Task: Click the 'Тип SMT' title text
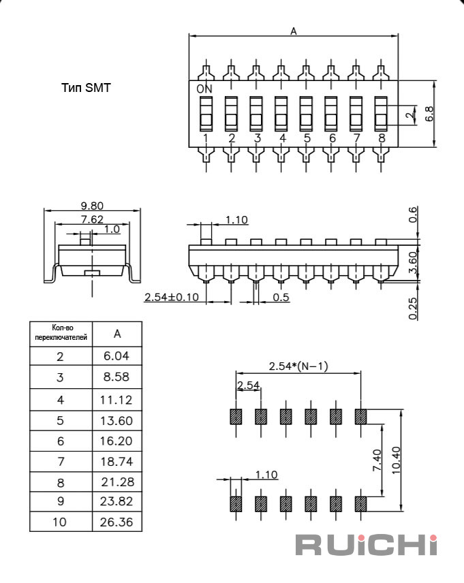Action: [x=86, y=88]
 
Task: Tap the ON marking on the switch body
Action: [x=204, y=89]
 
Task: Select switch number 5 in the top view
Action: [x=306, y=114]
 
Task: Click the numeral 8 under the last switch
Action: [x=382, y=138]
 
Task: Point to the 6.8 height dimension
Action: [x=429, y=114]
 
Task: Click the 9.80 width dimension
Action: [x=92, y=206]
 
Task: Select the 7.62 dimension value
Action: [x=92, y=219]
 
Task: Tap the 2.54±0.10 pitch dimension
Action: [x=172, y=297]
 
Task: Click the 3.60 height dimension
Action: [x=413, y=262]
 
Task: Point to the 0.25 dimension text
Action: [x=413, y=309]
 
